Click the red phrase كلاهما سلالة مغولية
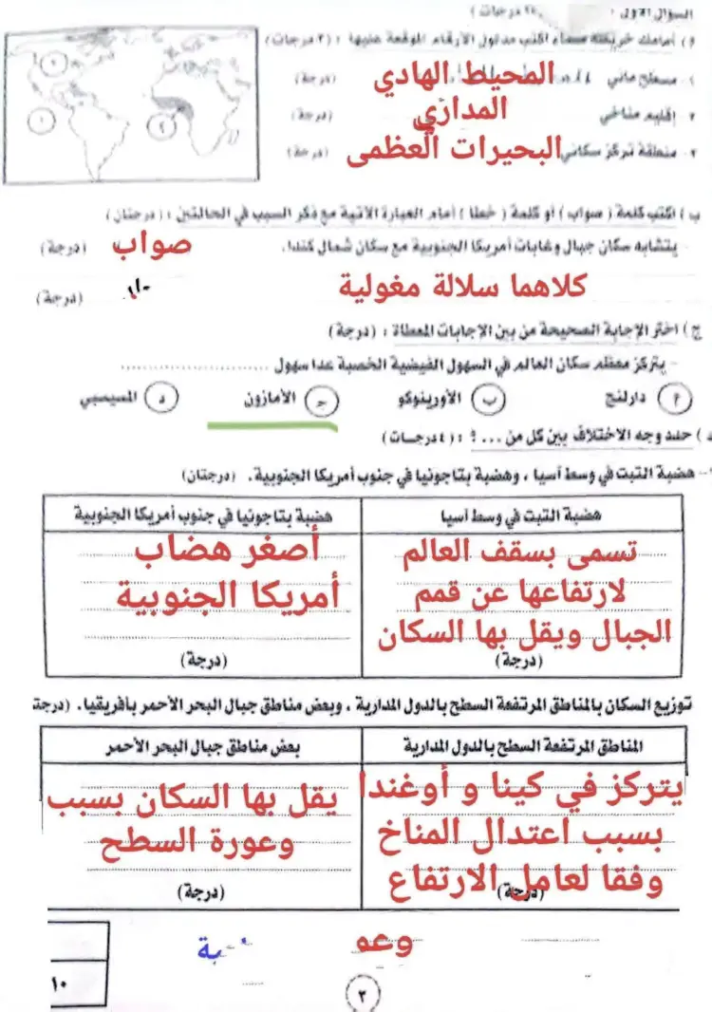click(x=463, y=285)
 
